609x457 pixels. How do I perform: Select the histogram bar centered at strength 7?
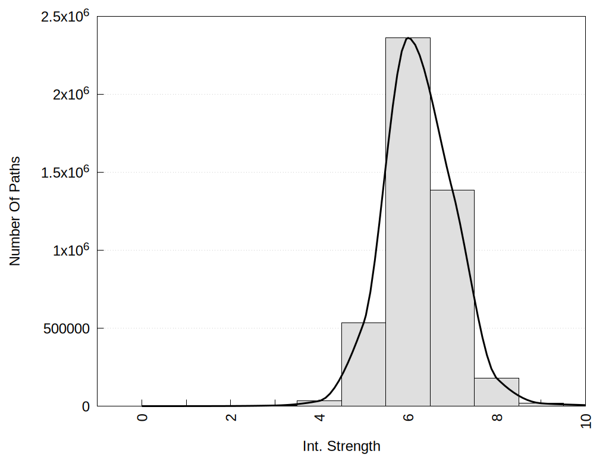click(452, 298)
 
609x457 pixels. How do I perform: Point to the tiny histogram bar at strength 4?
click(319, 403)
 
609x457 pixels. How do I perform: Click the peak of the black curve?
click(409, 38)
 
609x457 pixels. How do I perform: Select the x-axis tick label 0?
click(142, 417)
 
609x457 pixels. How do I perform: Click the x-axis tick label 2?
click(231, 417)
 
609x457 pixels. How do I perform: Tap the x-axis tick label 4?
click(319, 417)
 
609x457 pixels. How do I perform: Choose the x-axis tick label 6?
click(408, 417)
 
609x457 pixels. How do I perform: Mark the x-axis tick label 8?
click(497, 417)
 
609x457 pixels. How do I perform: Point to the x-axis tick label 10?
click(585, 420)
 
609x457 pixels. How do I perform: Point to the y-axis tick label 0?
click(86, 406)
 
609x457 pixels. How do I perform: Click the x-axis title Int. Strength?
click(341, 446)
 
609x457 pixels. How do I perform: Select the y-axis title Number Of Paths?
click(15, 211)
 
